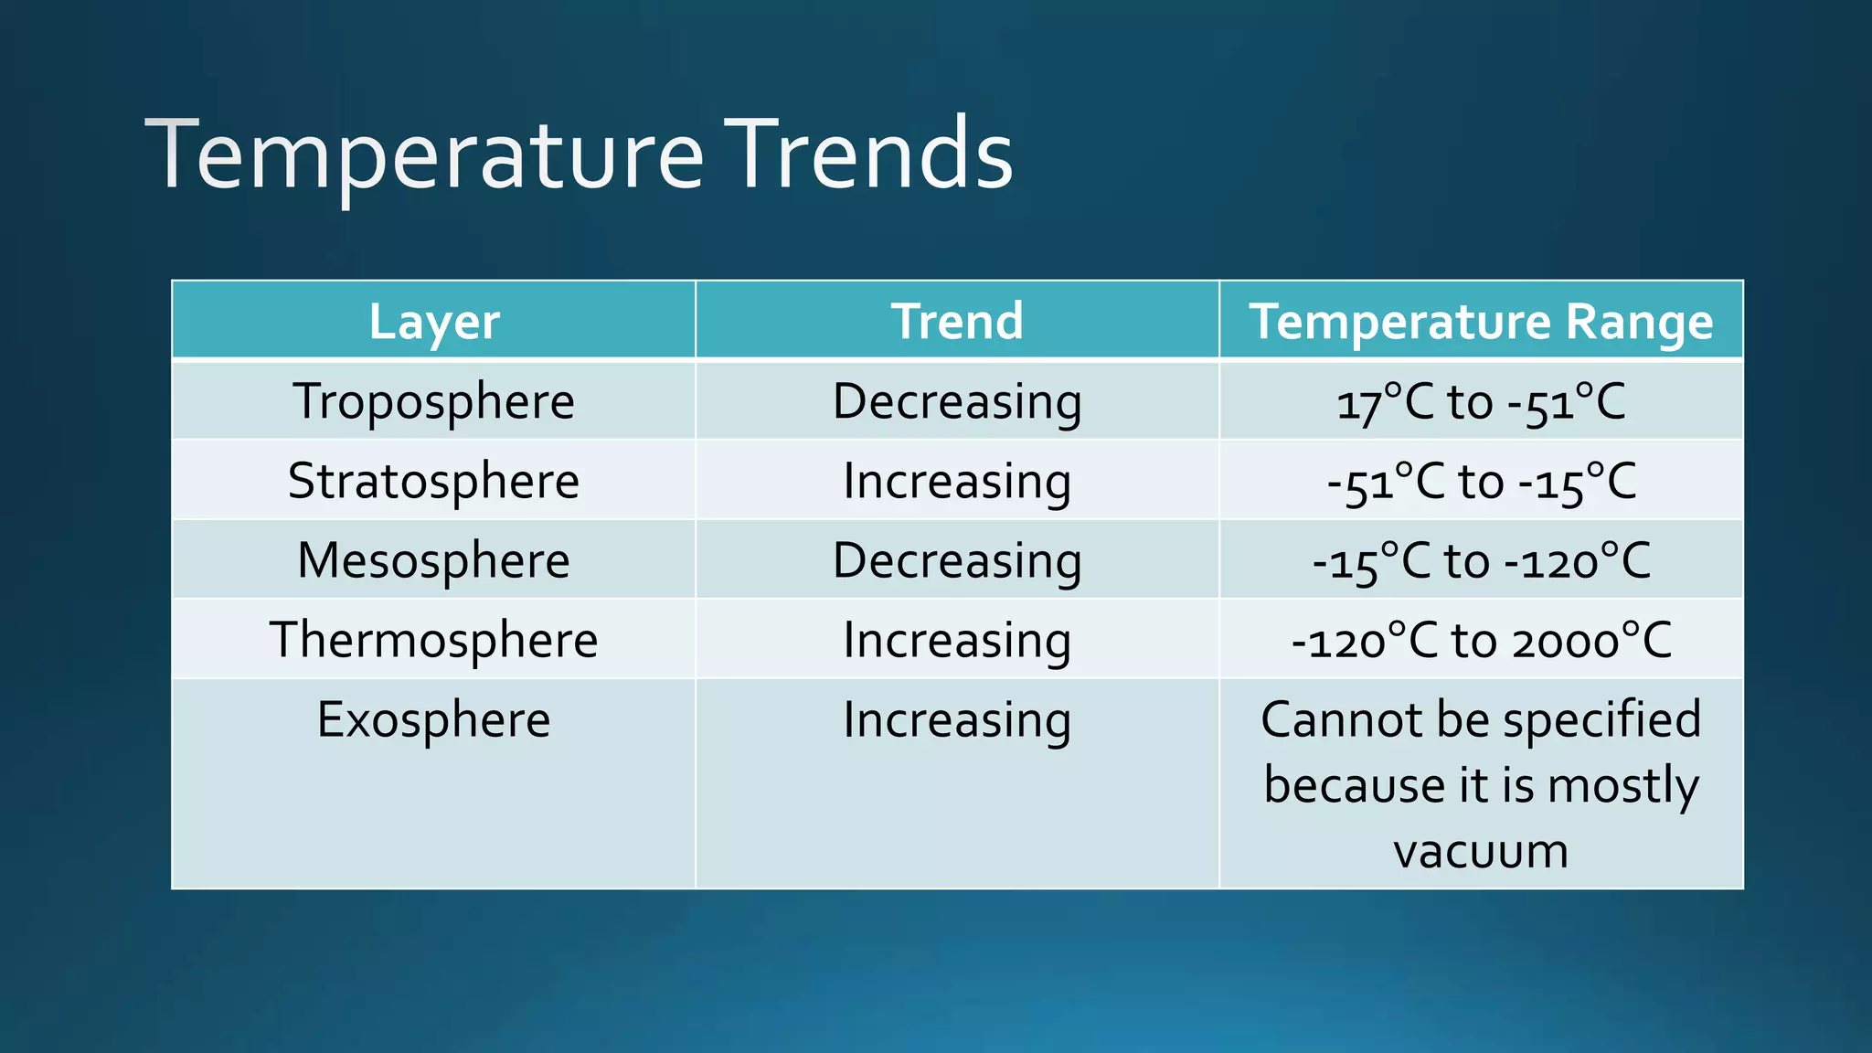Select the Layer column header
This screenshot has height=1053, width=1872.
434,322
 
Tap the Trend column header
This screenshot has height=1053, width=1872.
957,322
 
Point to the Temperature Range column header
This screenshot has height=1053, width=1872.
1481,322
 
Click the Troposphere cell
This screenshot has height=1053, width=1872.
434,402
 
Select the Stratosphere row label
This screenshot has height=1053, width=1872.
434,482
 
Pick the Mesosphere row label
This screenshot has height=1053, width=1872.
434,560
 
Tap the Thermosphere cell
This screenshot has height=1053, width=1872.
434,640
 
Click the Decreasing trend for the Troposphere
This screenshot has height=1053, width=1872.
957,402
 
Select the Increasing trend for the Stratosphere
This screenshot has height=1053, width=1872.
957,482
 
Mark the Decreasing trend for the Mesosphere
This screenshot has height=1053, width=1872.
957,560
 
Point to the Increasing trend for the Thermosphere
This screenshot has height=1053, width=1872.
957,640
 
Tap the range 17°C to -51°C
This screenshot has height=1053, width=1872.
1481,402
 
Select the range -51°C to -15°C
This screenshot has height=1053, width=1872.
1481,482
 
